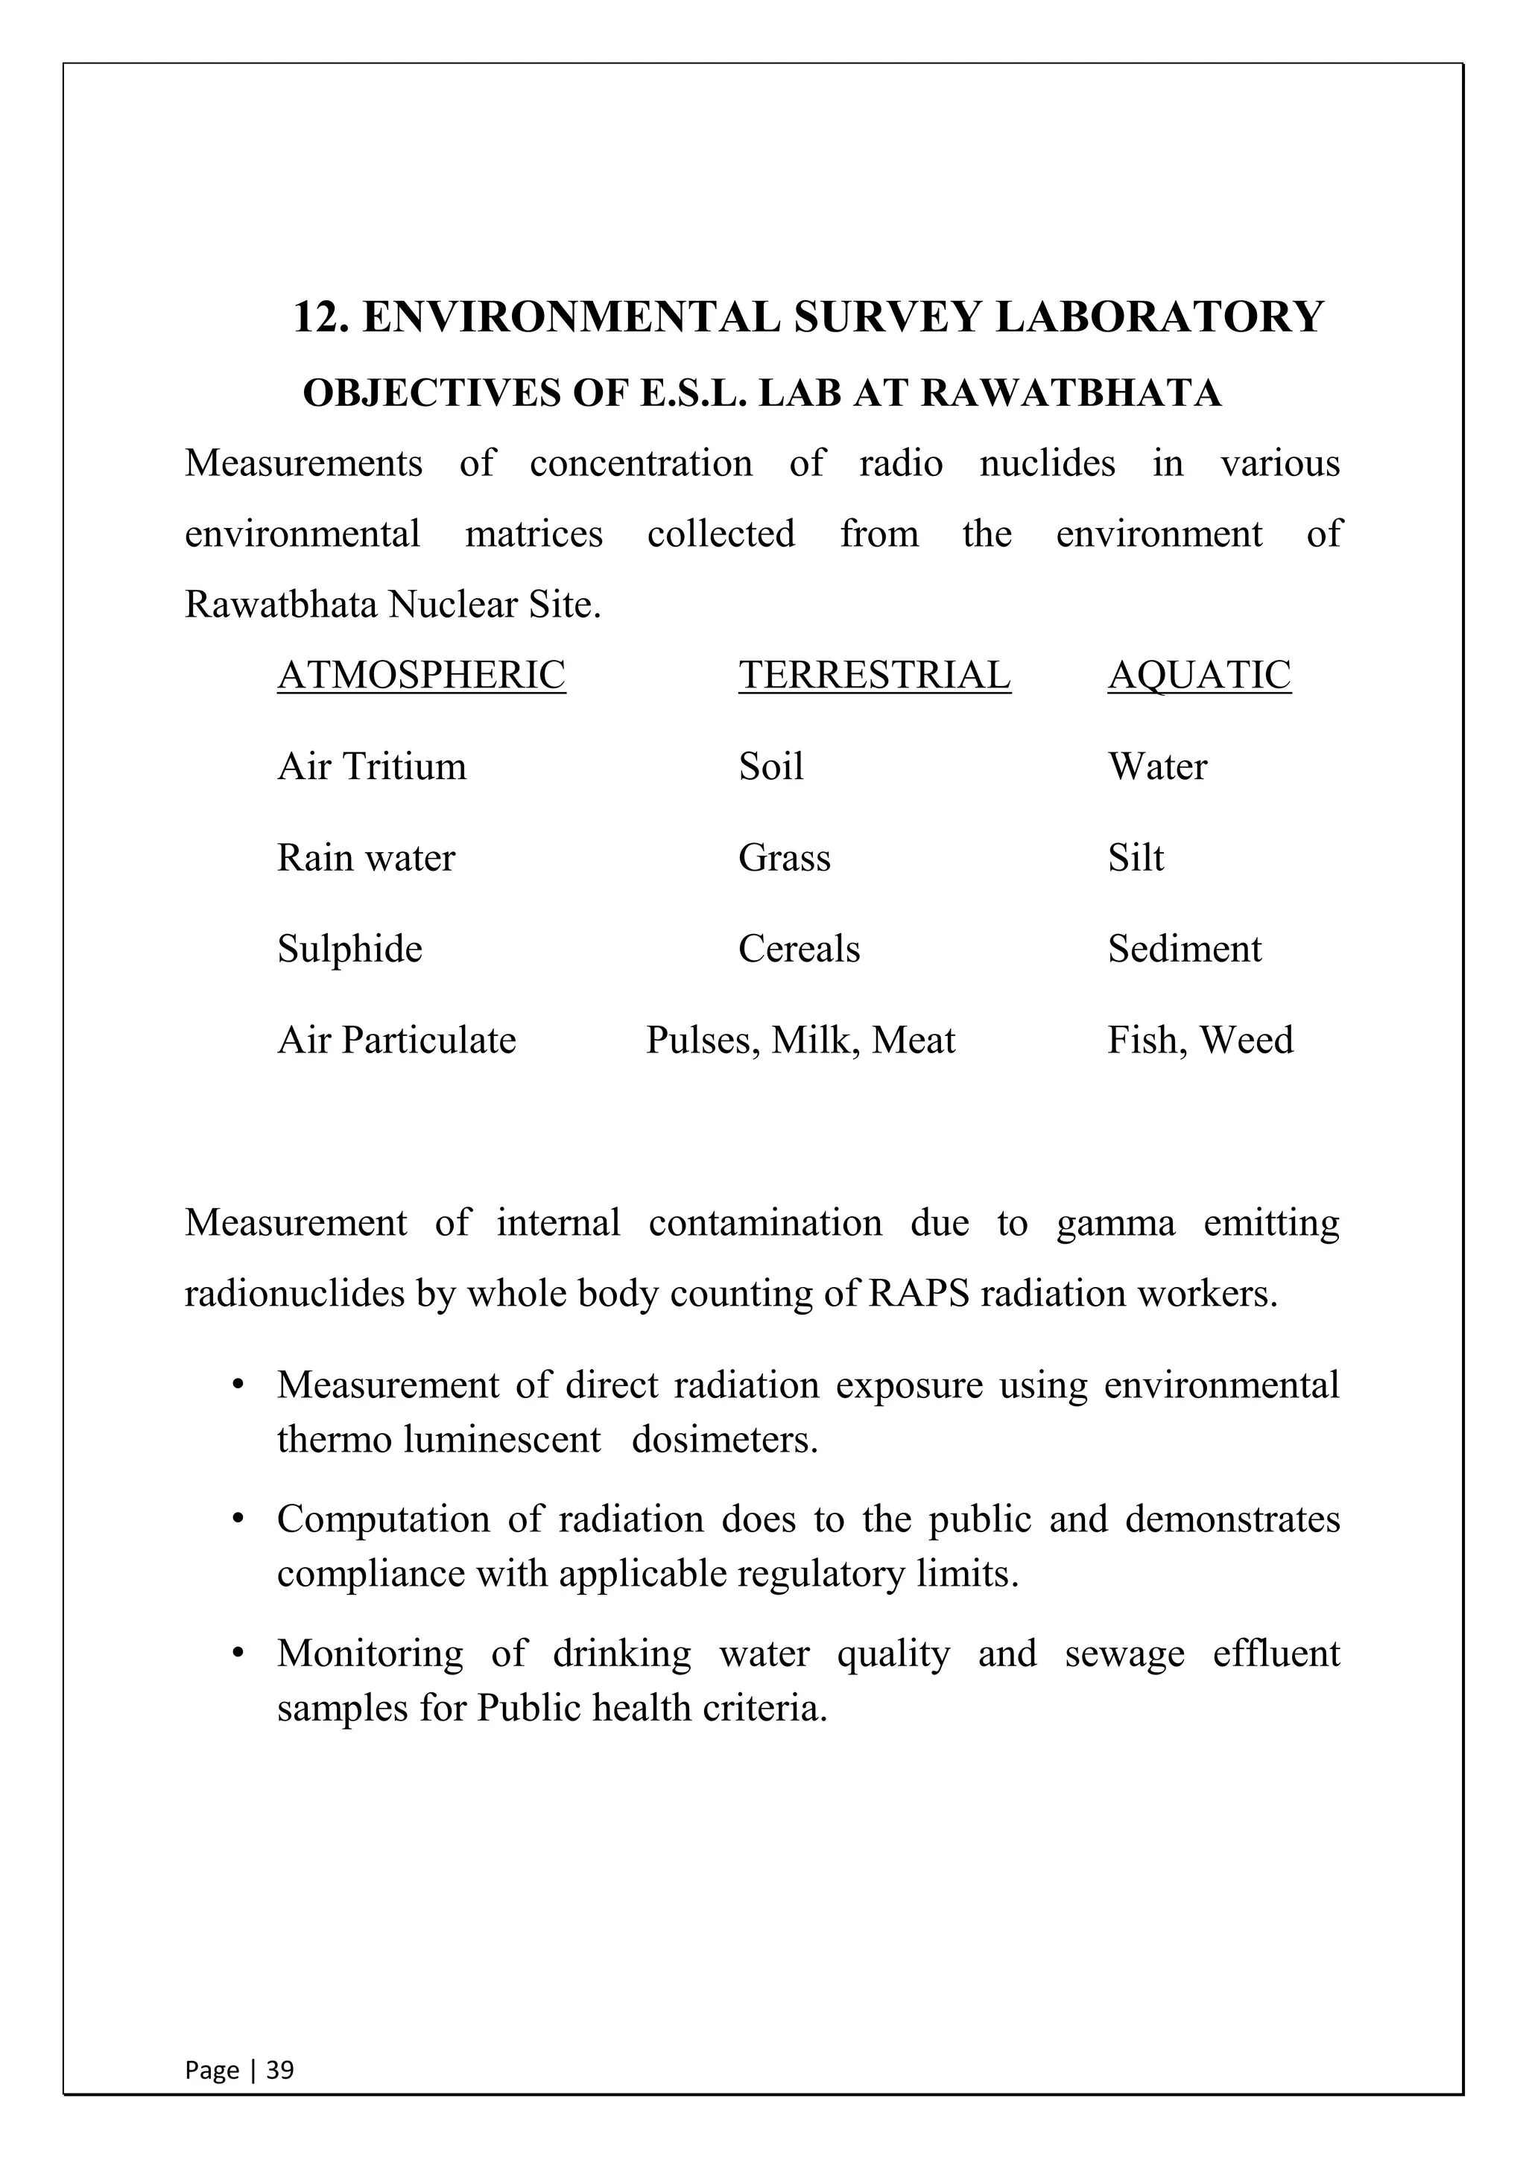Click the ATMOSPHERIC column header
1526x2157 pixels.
click(x=421, y=675)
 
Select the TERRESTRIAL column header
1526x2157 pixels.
click(x=874, y=675)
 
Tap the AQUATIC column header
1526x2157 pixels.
click(x=1199, y=675)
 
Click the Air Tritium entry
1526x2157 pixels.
click(x=371, y=766)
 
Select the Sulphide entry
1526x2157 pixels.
click(x=349, y=948)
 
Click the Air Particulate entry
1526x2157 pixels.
click(x=396, y=1040)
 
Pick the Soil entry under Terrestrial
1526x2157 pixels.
click(x=770, y=766)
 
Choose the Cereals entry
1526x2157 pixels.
click(x=799, y=948)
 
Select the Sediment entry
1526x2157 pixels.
click(x=1184, y=948)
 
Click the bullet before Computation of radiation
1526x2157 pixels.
click(x=238, y=1519)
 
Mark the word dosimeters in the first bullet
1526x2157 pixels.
click(x=724, y=1439)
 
